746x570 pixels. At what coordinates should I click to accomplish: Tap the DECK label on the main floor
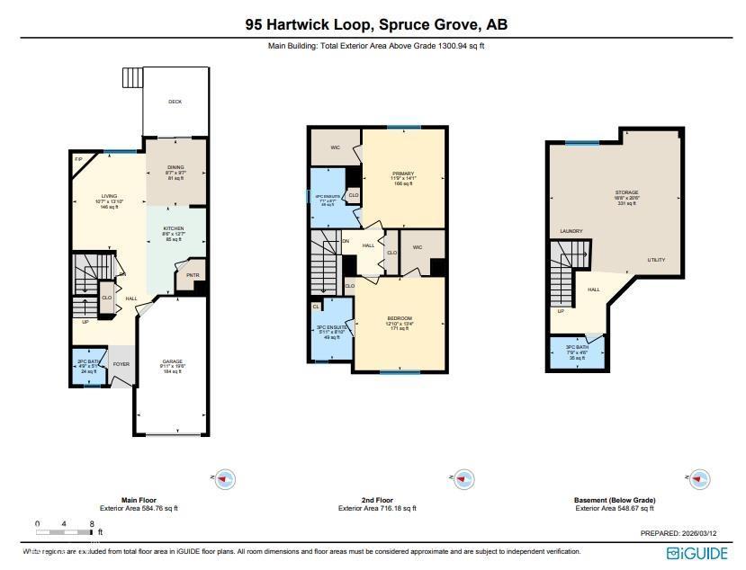[x=175, y=102]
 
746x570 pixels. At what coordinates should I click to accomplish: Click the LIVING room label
[x=109, y=196]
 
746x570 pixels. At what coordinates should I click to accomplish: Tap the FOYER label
[x=122, y=364]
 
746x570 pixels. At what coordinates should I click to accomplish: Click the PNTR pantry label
[x=192, y=275]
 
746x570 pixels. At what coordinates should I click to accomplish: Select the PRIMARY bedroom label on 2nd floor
[x=401, y=174]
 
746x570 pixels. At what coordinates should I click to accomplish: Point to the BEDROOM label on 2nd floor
[x=400, y=318]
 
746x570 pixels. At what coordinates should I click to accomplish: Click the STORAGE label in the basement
[x=626, y=192]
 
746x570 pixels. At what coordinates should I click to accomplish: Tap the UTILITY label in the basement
[x=656, y=260]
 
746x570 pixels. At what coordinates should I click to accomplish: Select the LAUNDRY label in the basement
[x=571, y=231]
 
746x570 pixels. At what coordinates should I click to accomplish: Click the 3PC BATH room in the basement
[x=577, y=351]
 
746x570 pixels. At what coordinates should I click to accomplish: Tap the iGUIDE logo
[x=697, y=552]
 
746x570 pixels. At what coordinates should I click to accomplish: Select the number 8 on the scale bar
[x=91, y=522]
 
